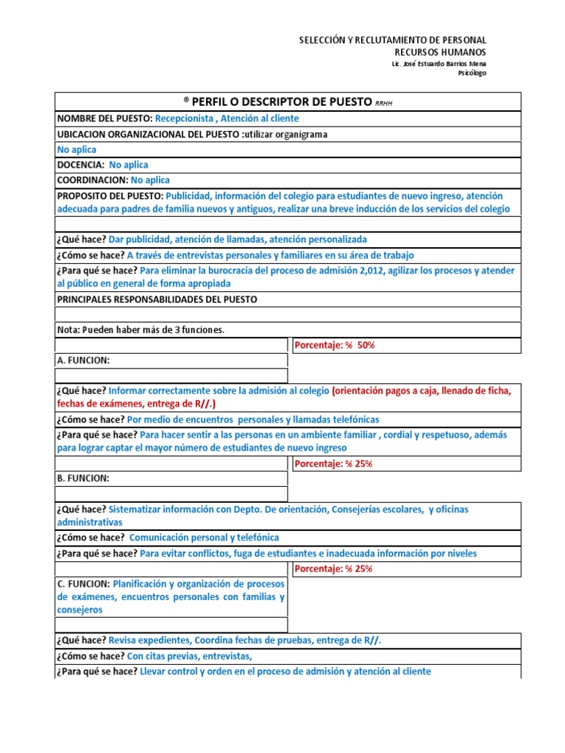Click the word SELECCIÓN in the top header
point(322,40)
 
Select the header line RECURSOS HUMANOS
point(440,52)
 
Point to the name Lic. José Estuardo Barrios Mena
point(439,64)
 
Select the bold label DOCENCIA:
point(81,165)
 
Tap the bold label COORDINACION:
point(92,180)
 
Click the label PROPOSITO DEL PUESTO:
point(110,196)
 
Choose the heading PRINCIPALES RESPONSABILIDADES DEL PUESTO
point(157,299)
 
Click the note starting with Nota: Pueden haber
point(140,330)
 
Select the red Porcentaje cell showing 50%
point(334,346)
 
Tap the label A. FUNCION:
point(83,361)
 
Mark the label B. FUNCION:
point(83,479)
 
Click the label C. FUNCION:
point(83,583)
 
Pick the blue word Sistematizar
point(136,510)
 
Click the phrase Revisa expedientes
point(149,641)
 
